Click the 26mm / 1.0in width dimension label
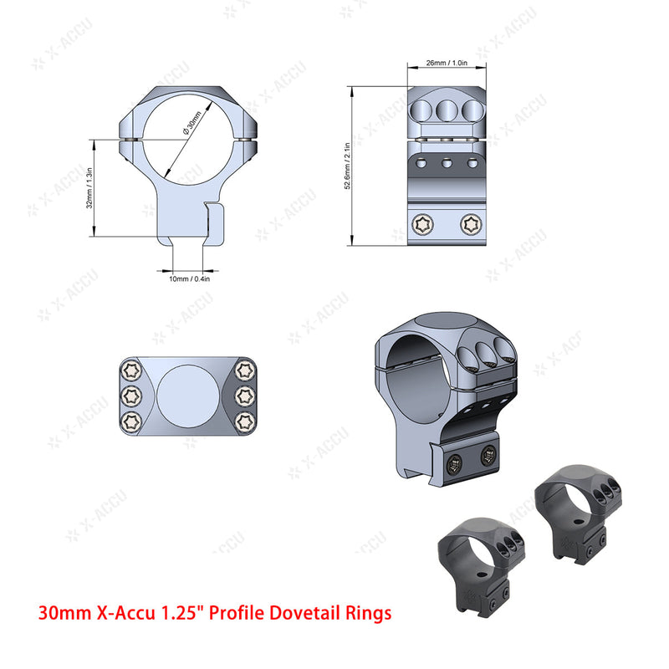pos(447,63)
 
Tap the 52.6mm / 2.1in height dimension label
pos(346,166)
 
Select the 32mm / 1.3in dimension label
pos(89,189)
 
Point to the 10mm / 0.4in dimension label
pos(190,278)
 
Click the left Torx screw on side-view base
pos(422,223)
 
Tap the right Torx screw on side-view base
pos(471,223)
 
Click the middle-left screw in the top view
pos(129,395)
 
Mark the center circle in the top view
pos(186,395)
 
